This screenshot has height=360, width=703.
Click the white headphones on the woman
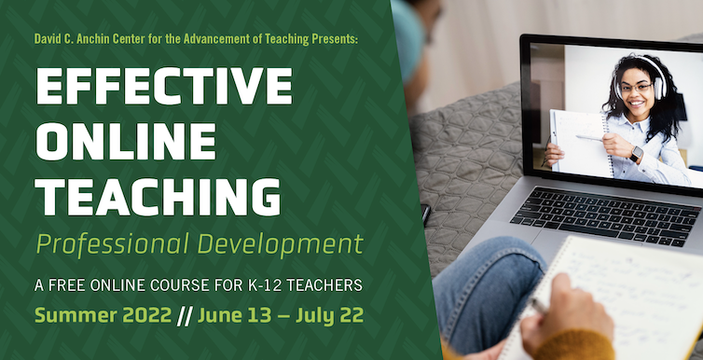[656, 86]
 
